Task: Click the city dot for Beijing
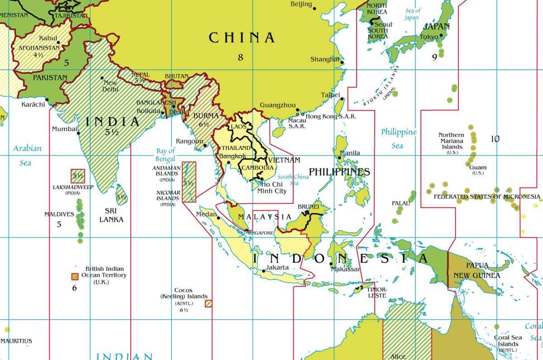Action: pyautogui.click(x=314, y=9)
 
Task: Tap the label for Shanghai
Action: pyautogui.click(x=324, y=59)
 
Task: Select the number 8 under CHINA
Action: pyautogui.click(x=240, y=57)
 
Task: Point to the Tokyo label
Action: pyautogui.click(x=429, y=37)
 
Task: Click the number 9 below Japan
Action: pyautogui.click(x=434, y=57)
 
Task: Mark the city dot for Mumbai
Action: pyautogui.click(x=78, y=133)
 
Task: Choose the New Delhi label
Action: pyautogui.click(x=110, y=86)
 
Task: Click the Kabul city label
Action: pyautogui.click(x=48, y=38)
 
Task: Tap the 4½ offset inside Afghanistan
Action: pyautogui.click(x=38, y=55)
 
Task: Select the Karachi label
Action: pyautogui.click(x=33, y=105)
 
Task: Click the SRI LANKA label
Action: pyautogui.click(x=111, y=216)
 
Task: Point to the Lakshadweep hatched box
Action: pyautogui.click(x=77, y=176)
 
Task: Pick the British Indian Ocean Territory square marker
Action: pyautogui.click(x=75, y=276)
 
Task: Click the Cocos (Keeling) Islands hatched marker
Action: pyautogui.click(x=209, y=303)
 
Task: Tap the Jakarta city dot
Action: pyautogui.click(x=263, y=272)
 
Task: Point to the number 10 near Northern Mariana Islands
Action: pyautogui.click(x=495, y=139)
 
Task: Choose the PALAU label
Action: pyautogui.click(x=401, y=203)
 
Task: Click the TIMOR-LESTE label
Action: pyautogui.click(x=376, y=292)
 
